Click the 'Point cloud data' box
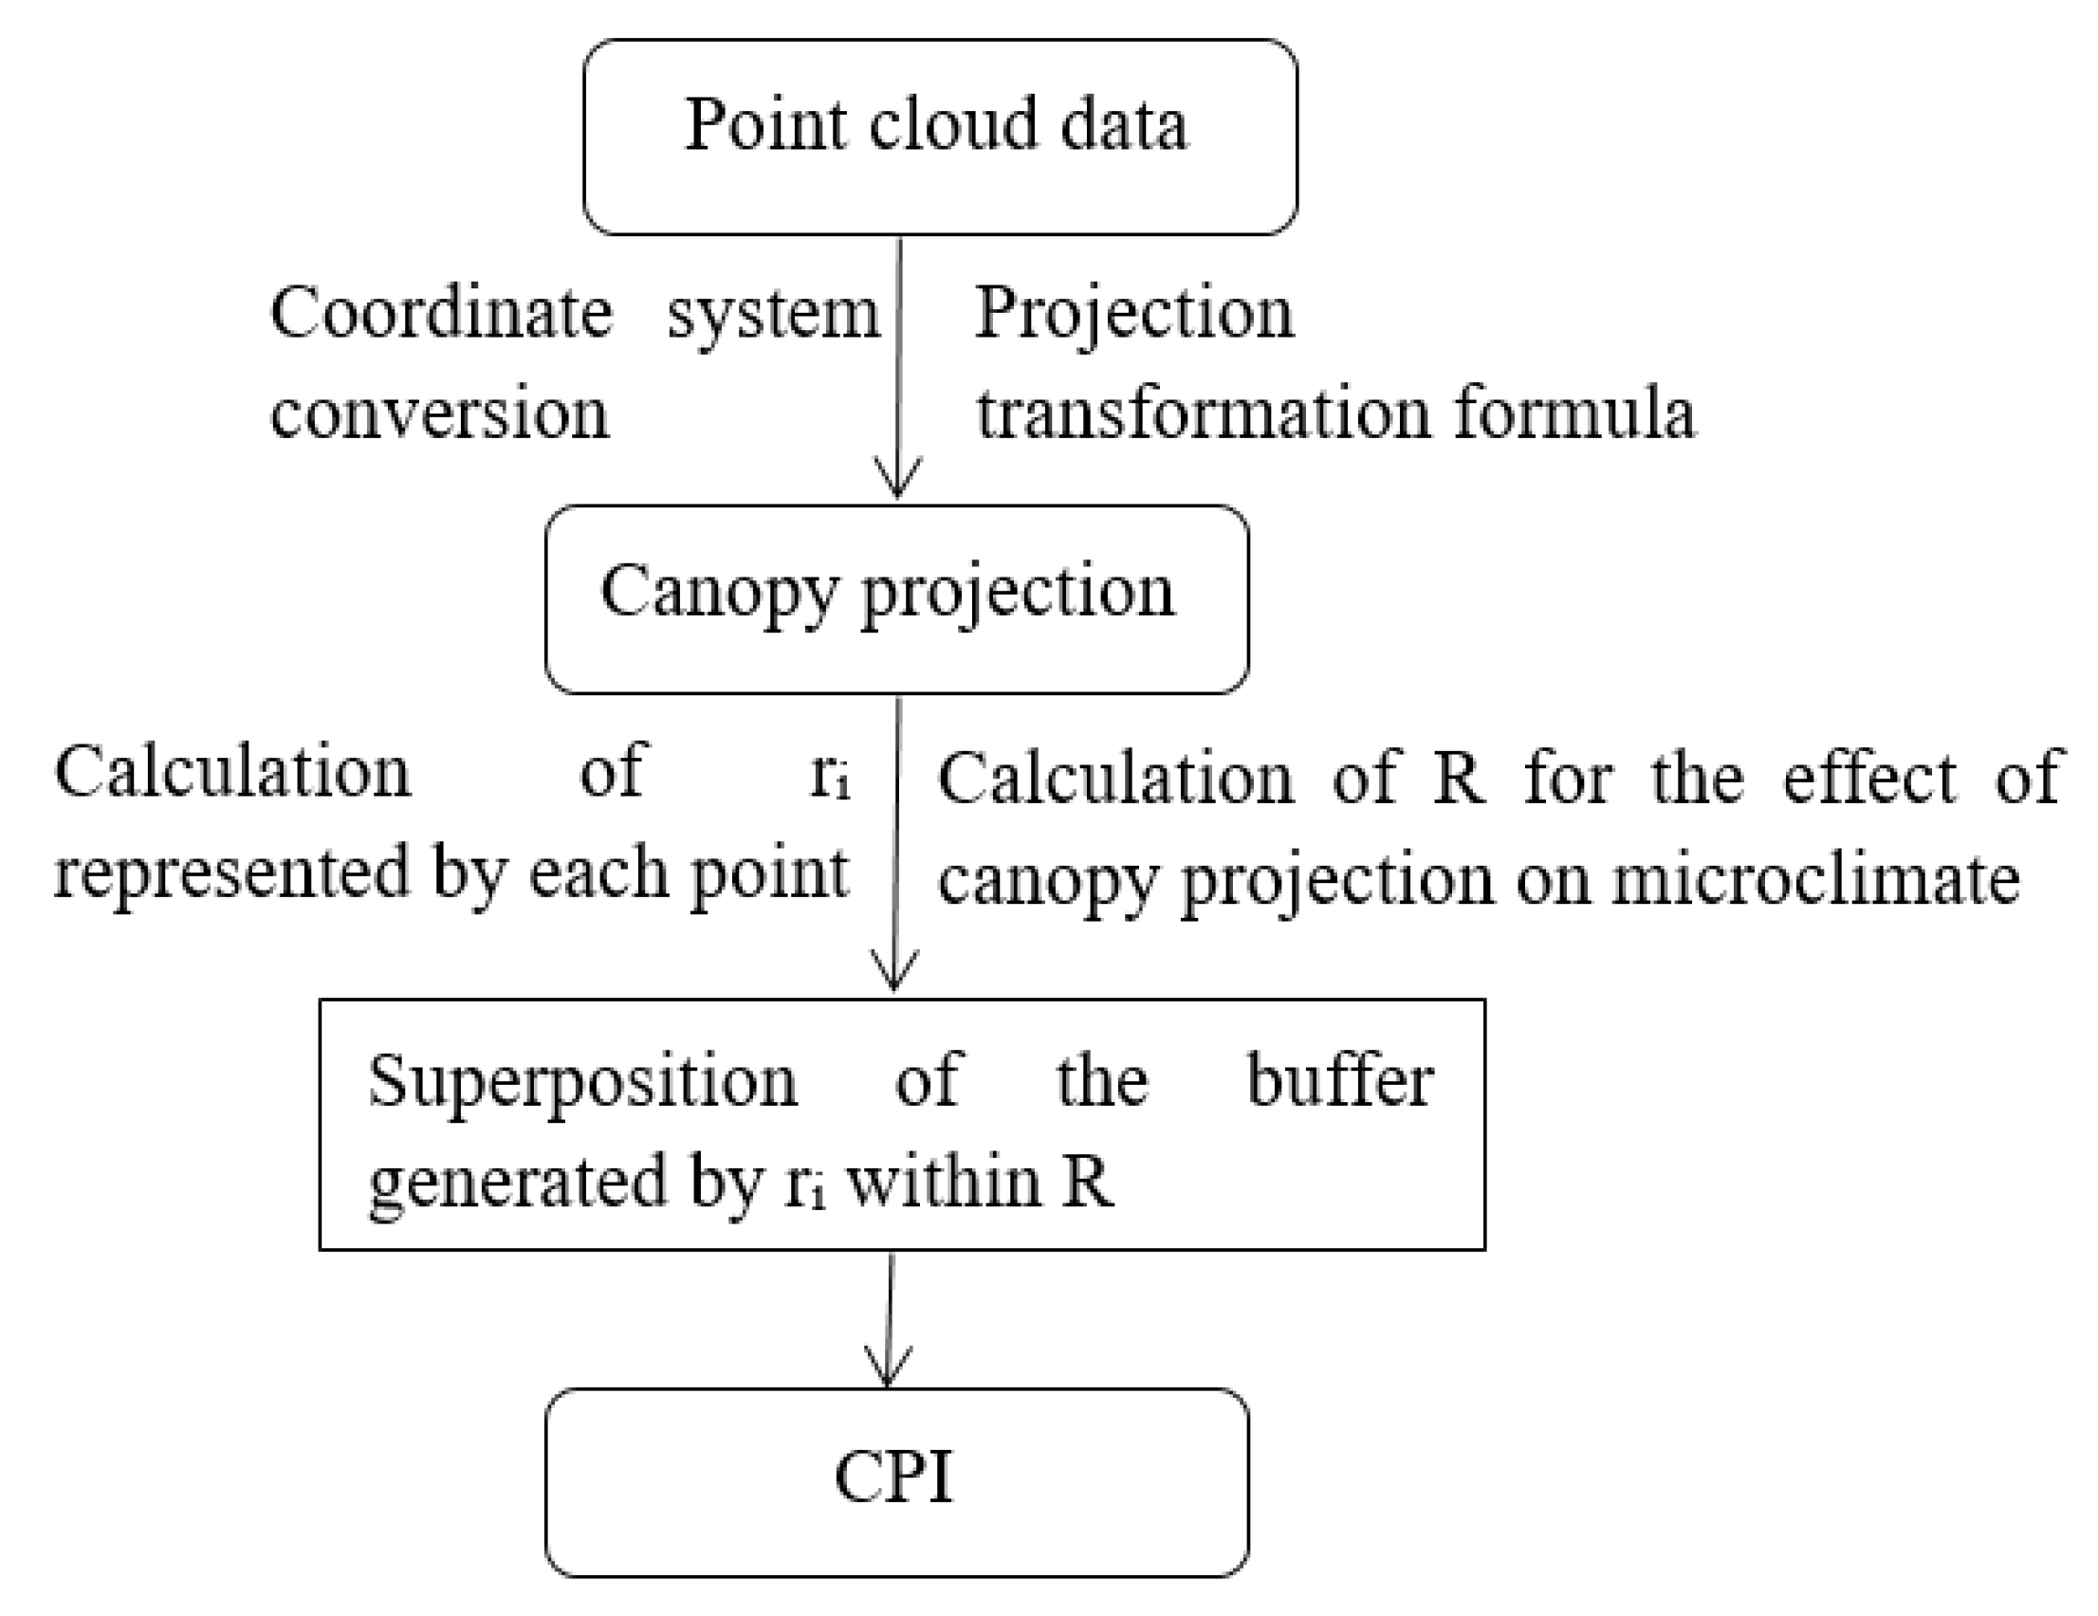click(940, 137)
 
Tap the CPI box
click(896, 1480)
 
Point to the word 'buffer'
click(1339, 1081)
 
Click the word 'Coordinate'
click(441, 313)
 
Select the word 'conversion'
click(439, 414)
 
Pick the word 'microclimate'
click(1814, 880)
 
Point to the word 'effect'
click(1868, 778)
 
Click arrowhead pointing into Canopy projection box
click(896, 481)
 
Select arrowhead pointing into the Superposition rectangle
click(894, 973)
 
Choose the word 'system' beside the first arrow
click(773, 315)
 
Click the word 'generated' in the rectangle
click(518, 1183)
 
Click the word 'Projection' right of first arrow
click(1133, 313)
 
